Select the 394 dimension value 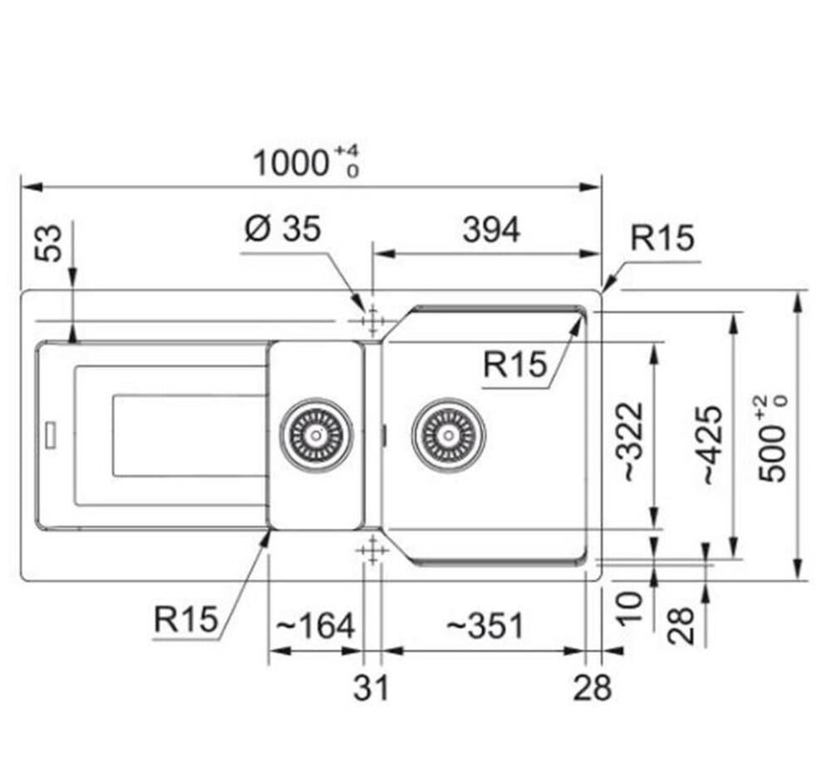tap(491, 230)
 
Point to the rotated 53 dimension tap(51, 242)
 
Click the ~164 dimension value tap(315, 625)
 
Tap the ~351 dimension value tap(485, 625)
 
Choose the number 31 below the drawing tap(371, 687)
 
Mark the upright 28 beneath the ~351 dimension tap(593, 687)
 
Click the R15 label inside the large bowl tap(516, 364)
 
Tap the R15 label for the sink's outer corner tap(662, 238)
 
